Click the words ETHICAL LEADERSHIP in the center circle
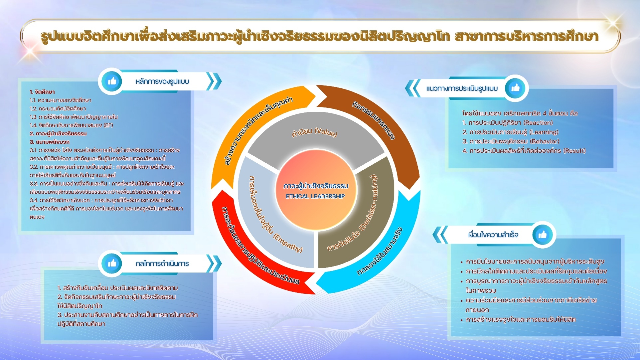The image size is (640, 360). click(x=315, y=196)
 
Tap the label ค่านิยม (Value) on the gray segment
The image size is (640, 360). click(x=314, y=132)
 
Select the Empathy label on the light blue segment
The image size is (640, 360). click(x=288, y=242)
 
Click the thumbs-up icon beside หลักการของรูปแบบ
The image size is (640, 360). click(x=112, y=81)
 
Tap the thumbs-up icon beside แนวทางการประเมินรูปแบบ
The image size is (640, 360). click(x=516, y=88)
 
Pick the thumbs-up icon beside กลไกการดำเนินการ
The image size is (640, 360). click(x=112, y=263)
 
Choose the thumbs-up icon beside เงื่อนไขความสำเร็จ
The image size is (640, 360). click(x=543, y=235)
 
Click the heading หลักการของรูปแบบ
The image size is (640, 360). click(x=162, y=82)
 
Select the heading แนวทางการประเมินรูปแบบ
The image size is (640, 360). click(x=462, y=89)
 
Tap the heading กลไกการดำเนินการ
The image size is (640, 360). click(x=162, y=264)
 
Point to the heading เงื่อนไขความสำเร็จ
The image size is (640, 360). click(x=493, y=235)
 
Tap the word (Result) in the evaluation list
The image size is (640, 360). click(x=574, y=151)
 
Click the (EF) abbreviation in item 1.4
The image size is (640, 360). click(x=108, y=125)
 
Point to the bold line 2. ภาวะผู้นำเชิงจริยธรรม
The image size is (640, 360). click(x=58, y=134)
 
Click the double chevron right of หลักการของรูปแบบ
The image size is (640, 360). click(x=214, y=82)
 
